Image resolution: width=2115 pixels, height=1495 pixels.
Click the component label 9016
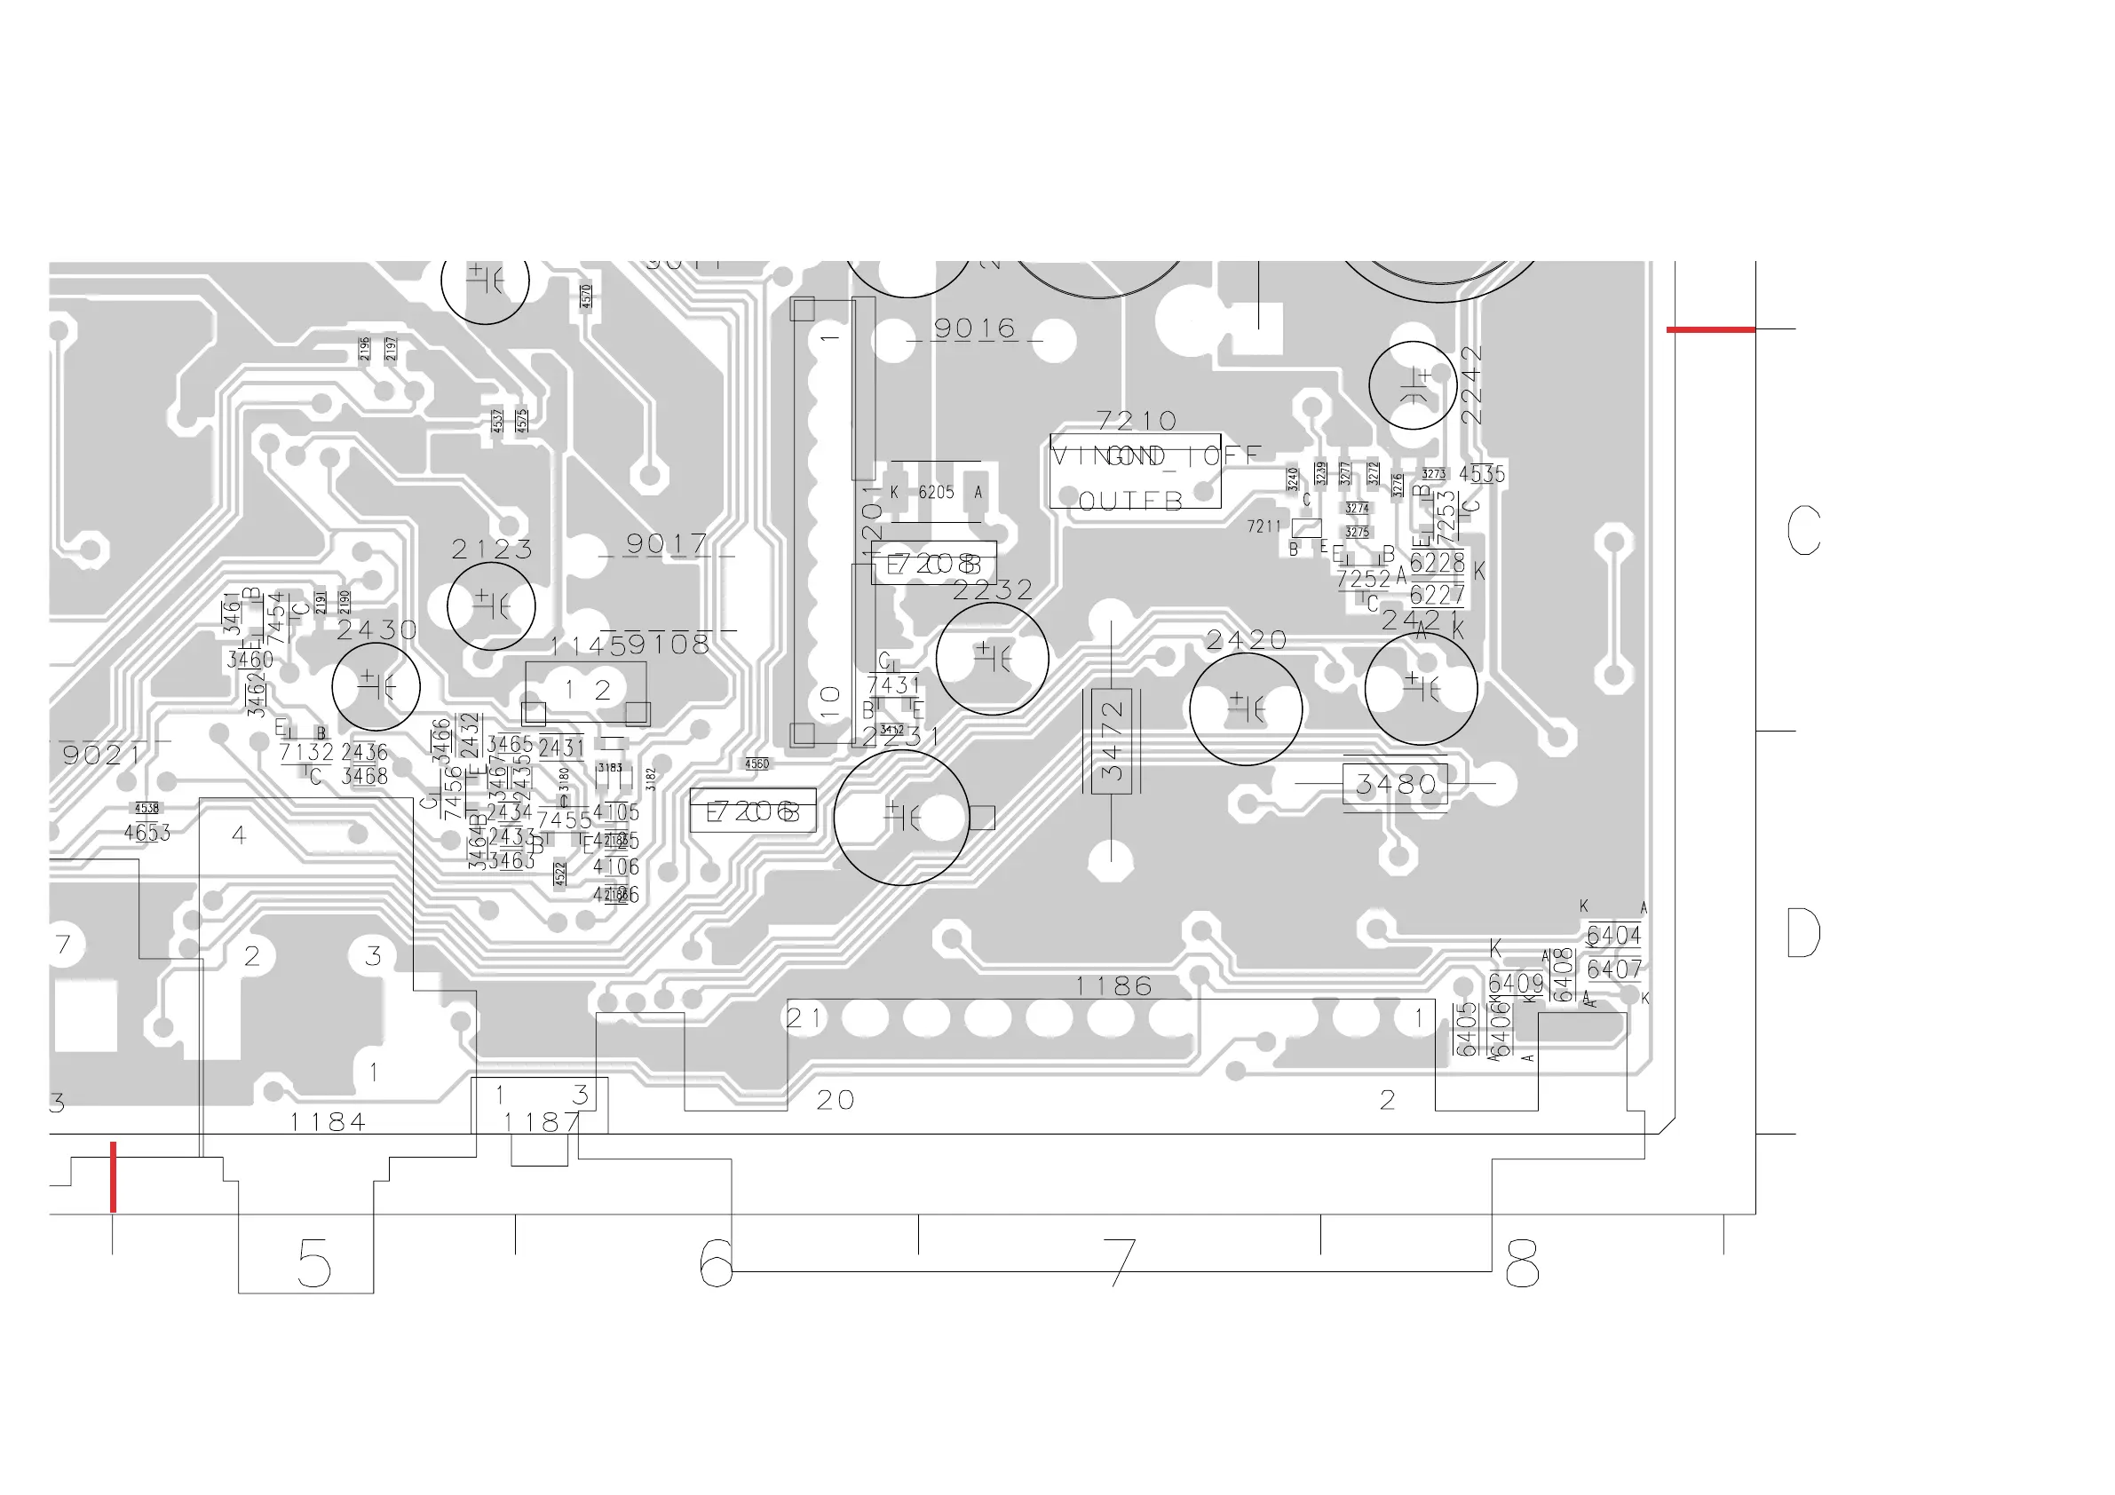974,328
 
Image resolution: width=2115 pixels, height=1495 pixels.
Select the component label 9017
666,543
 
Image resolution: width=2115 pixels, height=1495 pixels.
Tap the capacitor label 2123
492,549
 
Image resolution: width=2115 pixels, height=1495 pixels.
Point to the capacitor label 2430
376,630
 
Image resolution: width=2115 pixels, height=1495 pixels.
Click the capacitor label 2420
1246,639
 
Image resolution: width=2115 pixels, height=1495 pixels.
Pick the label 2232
992,589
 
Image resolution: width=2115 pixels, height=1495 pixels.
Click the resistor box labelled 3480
1395,784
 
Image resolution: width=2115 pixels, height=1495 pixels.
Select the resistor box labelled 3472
1112,740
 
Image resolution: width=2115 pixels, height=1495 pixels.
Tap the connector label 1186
1113,986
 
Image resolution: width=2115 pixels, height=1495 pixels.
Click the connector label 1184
328,1122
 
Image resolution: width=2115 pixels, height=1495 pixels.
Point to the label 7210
1137,421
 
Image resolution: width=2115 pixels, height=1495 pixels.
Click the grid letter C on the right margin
1802,531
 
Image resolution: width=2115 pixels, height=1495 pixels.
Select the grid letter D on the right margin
1802,933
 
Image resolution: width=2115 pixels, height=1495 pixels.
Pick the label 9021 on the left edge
101,755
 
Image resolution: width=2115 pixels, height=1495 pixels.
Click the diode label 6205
936,493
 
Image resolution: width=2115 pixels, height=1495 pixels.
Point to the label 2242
1471,384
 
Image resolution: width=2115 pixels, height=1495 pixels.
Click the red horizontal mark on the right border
1711,328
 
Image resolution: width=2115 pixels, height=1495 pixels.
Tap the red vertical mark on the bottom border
114,1177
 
